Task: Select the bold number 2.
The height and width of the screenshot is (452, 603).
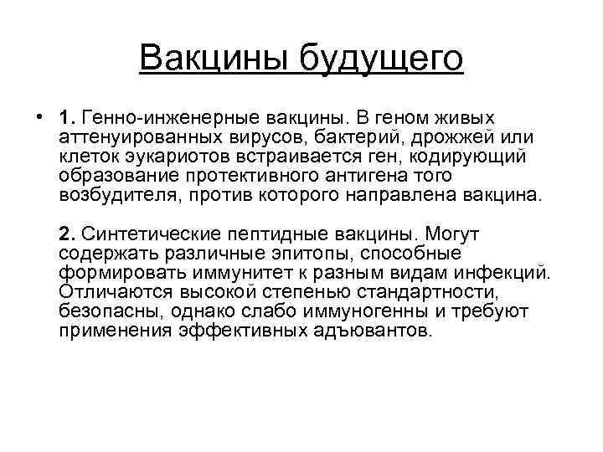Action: (66, 232)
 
